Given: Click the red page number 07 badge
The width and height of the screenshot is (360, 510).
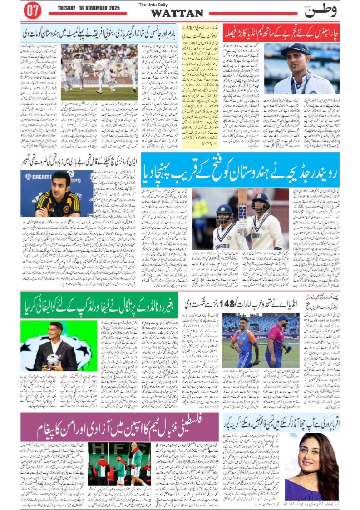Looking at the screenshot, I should [x=33, y=11].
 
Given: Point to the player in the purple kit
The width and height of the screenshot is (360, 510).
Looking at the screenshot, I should [x=277, y=338].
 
